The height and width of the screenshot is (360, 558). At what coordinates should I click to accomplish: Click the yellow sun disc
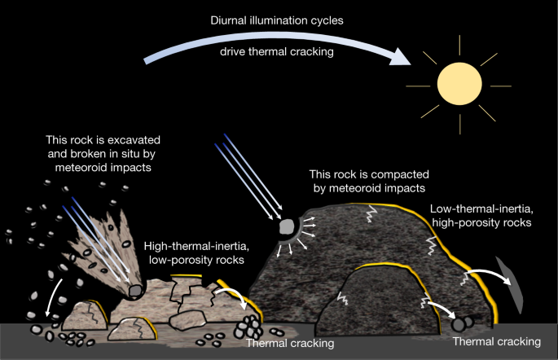[x=462, y=84]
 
